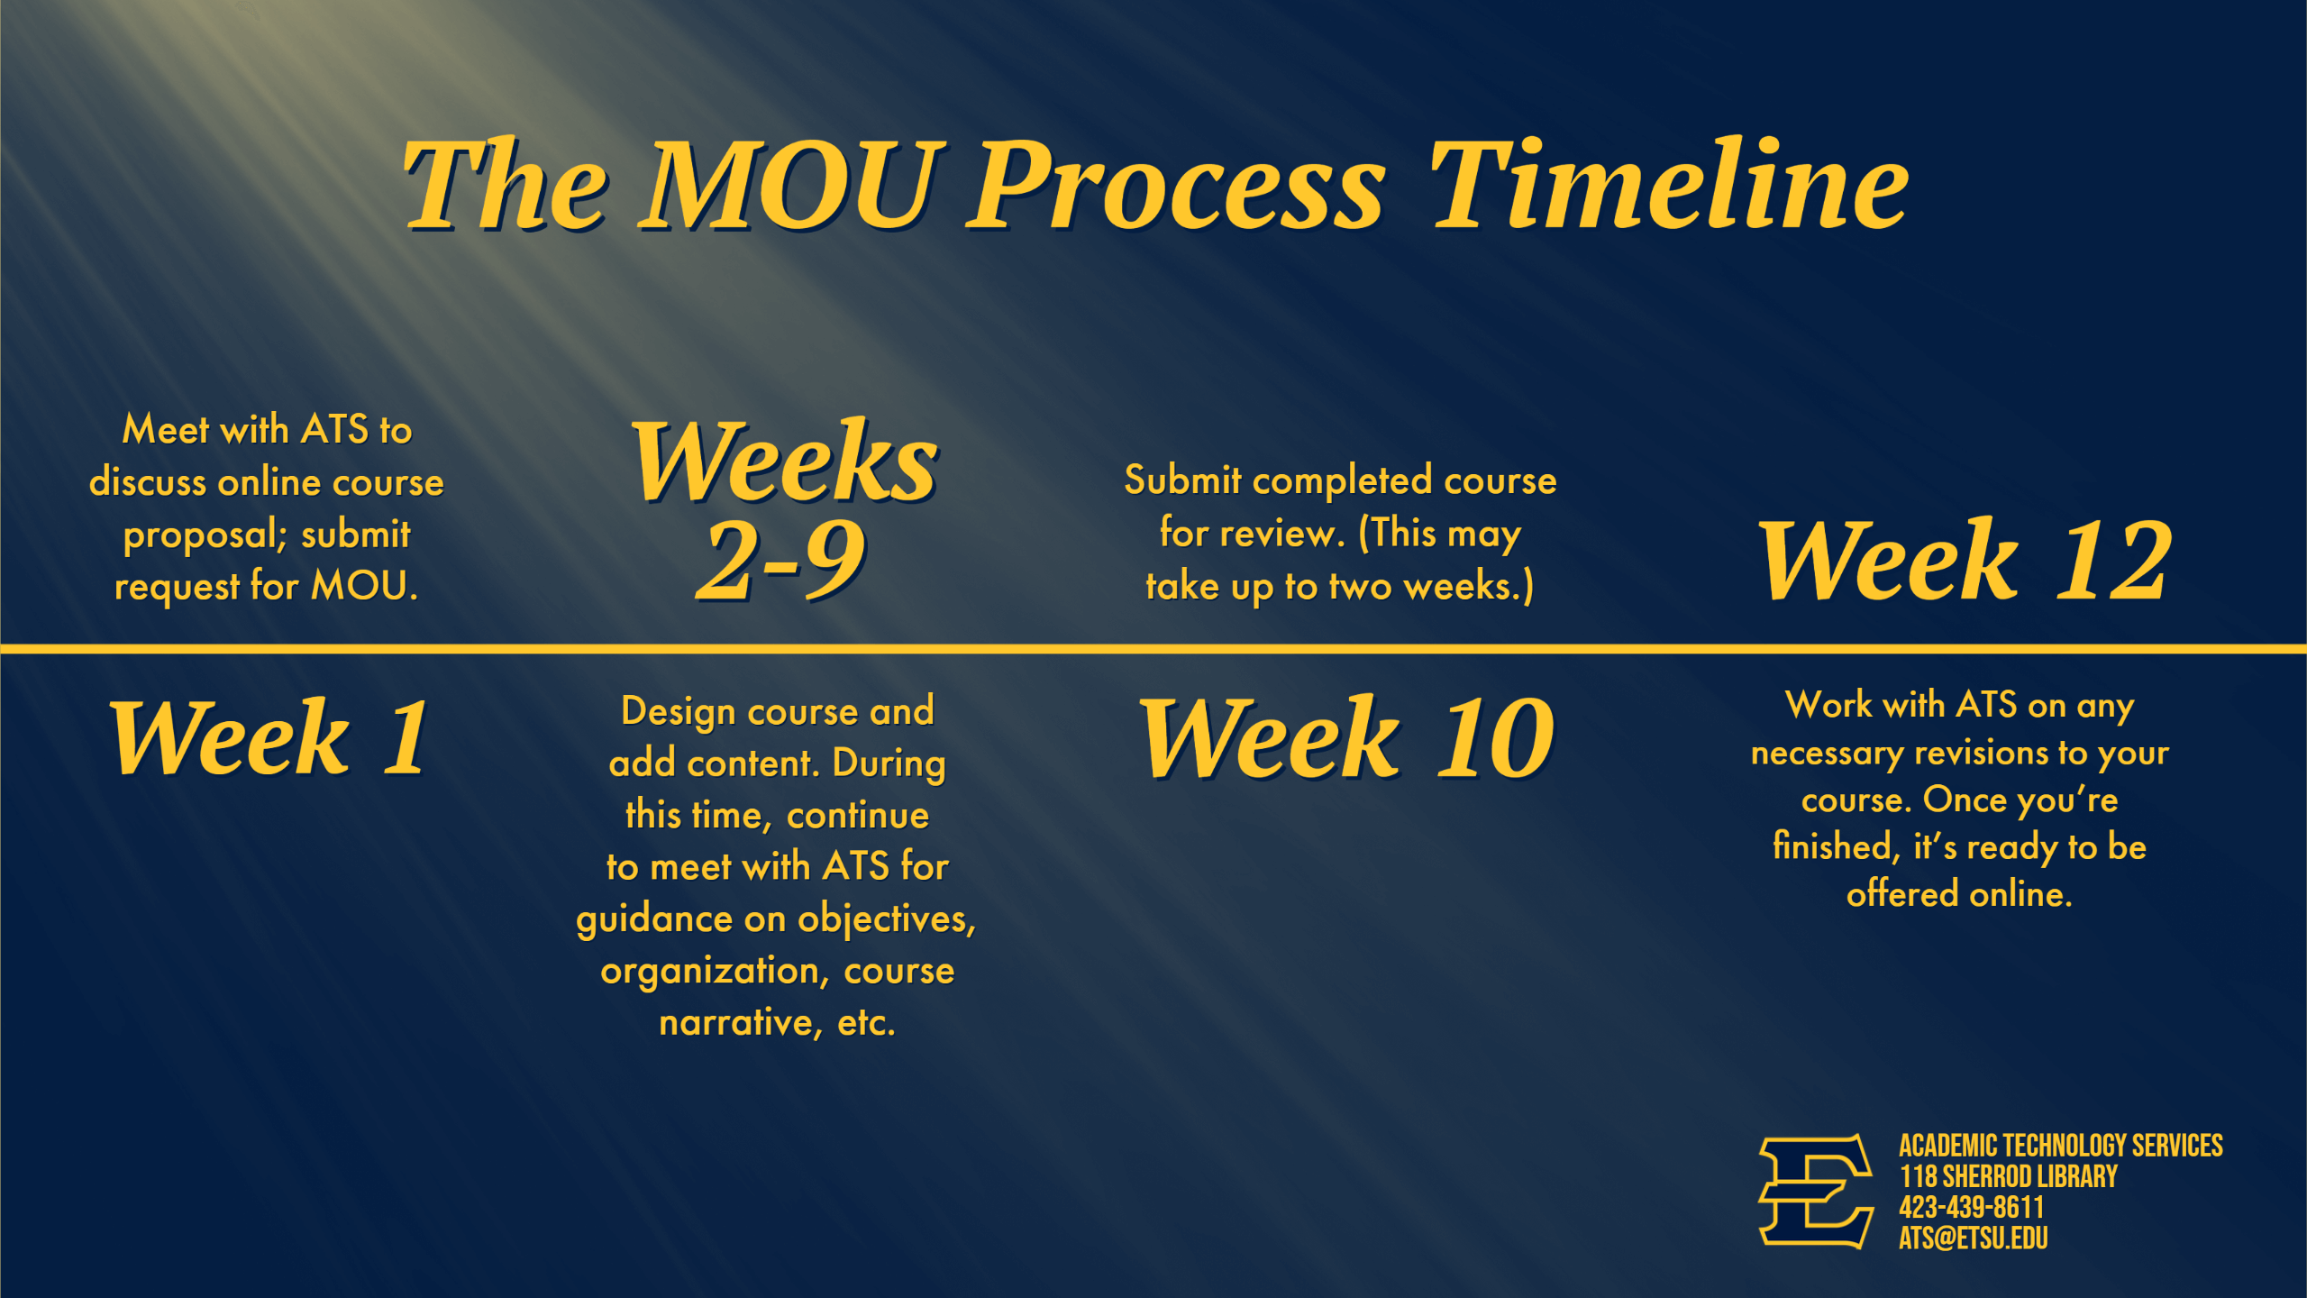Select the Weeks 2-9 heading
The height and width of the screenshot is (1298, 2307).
(x=784, y=509)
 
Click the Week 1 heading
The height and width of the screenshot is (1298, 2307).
(x=269, y=737)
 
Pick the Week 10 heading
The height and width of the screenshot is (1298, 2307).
(x=1346, y=737)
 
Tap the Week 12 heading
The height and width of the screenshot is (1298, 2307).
(x=1965, y=560)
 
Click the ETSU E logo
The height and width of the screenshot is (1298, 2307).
(x=1816, y=1191)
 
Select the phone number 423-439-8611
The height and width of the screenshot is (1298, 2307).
(x=1972, y=1208)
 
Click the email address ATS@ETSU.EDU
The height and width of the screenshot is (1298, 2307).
(x=1974, y=1239)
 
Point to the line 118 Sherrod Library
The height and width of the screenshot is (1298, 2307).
(x=2009, y=1176)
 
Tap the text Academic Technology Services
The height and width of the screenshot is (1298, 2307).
(x=2061, y=1146)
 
